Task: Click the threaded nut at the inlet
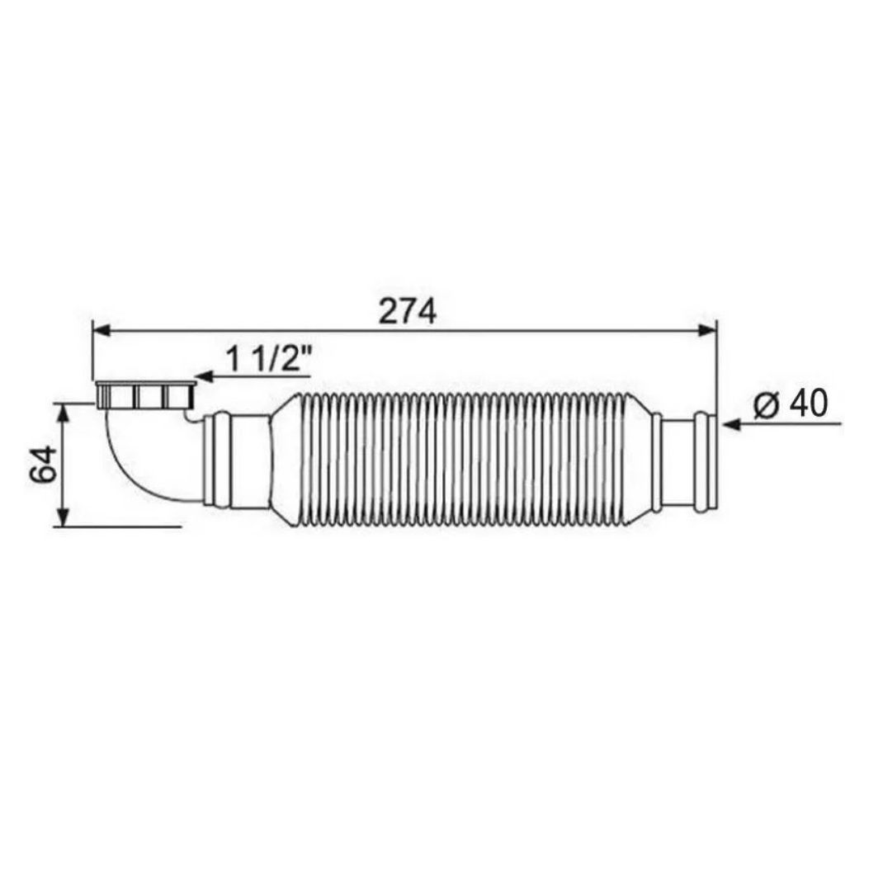pos(145,395)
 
